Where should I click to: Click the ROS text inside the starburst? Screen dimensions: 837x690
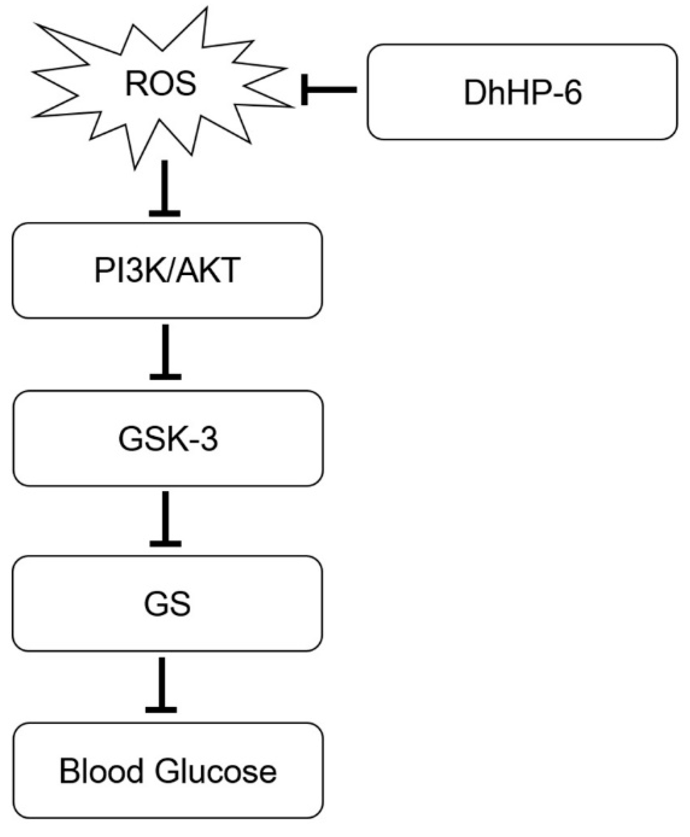point(160,83)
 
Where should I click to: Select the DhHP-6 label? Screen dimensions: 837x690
point(522,93)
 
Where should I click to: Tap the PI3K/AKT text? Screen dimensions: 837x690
point(167,270)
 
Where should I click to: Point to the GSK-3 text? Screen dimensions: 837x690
point(168,439)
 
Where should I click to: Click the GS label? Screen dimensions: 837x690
point(167,604)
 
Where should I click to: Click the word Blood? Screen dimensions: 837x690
point(101,771)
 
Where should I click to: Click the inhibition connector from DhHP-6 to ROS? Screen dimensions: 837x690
point(332,90)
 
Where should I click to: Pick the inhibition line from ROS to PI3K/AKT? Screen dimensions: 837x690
point(165,187)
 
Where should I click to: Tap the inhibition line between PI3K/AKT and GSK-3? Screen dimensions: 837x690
point(165,349)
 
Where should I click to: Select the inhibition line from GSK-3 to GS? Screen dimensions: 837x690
point(165,516)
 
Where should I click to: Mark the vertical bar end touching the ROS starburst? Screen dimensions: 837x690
point(304,90)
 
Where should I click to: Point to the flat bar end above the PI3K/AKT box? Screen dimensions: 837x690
point(165,214)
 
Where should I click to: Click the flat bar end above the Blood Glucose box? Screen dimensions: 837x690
point(161,709)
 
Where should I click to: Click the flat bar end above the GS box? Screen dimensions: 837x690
point(165,543)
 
